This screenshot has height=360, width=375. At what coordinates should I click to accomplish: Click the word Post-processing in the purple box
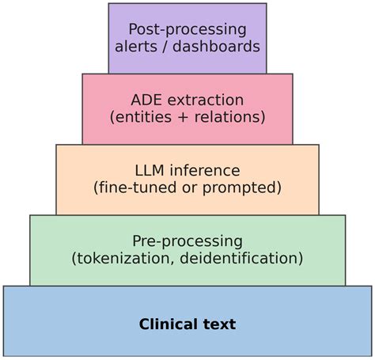click(187, 29)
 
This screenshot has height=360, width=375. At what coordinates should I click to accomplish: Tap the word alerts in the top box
click(137, 47)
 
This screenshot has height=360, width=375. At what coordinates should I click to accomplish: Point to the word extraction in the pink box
click(205, 100)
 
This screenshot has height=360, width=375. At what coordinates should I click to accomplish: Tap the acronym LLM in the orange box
click(151, 171)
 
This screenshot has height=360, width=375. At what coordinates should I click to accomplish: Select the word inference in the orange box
click(206, 171)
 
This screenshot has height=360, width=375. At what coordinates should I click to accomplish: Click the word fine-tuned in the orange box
click(133, 188)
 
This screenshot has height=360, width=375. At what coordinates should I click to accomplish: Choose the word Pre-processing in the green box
click(187, 241)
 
